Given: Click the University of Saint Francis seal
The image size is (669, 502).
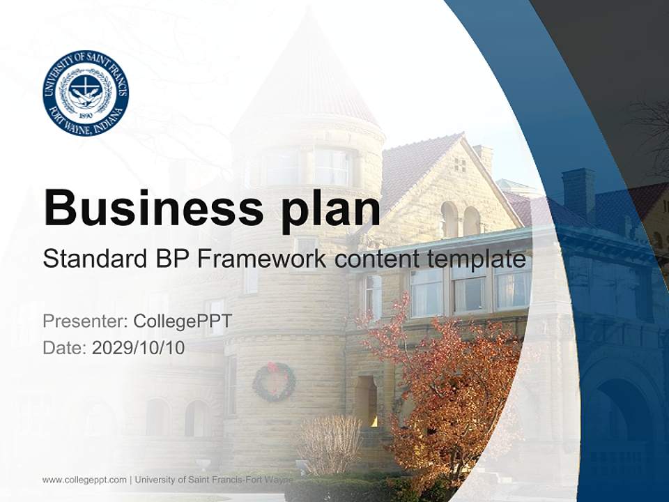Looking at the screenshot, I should [85, 93].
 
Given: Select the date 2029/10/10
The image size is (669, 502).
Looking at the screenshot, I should [138, 348].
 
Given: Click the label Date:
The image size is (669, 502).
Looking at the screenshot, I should [65, 348].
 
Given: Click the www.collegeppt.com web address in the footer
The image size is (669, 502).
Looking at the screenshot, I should [84, 480].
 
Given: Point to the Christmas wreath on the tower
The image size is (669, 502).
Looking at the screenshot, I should [274, 382].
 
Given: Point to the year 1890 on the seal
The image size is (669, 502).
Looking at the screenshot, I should [85, 116].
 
